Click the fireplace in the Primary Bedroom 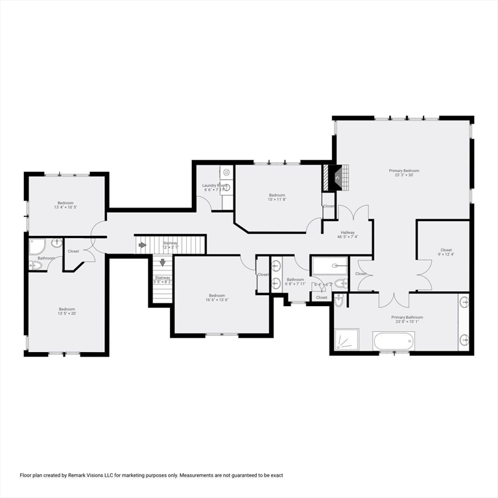click(335, 178)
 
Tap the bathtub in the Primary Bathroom click(394, 340)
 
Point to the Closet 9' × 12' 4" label click(446, 252)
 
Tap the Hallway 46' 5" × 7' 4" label click(346, 235)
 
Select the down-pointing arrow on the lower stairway click(162, 263)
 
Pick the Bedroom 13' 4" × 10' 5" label click(65, 206)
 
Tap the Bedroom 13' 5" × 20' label click(67, 311)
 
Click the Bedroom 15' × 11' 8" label click(278, 198)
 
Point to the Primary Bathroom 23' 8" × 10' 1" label click(407, 320)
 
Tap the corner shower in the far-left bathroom click(37, 246)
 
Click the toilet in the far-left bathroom click(35, 265)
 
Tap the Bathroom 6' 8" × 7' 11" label click(295, 282)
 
